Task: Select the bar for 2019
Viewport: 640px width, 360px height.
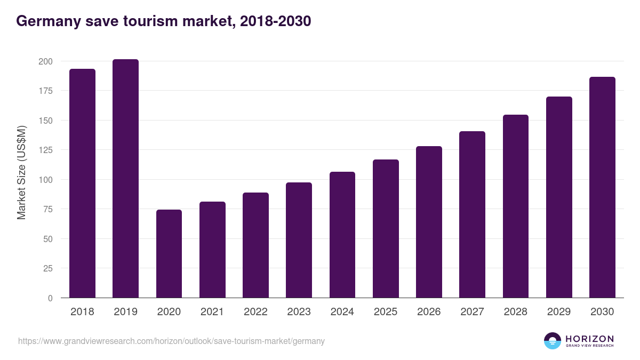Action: [125, 179]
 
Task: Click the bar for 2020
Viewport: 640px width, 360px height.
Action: [169, 254]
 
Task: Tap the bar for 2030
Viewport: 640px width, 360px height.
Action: [602, 188]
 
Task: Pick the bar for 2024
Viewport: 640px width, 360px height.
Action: [342, 235]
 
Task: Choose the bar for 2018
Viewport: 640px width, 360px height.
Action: [82, 183]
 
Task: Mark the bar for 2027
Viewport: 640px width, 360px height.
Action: [472, 214]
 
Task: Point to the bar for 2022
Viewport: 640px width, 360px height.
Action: [255, 245]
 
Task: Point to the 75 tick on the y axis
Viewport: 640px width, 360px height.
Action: [47, 210]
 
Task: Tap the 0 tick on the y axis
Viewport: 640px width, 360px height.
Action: [50, 298]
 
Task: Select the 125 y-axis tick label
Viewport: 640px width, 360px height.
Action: [45, 150]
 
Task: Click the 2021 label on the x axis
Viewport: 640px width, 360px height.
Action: [212, 312]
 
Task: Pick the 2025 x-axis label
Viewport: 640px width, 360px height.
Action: [386, 312]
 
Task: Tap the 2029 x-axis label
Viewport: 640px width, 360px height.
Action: [559, 312]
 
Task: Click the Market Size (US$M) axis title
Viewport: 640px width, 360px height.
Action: [21, 172]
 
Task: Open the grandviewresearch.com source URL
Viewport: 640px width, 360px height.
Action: [171, 341]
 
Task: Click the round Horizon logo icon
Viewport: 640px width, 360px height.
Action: [553, 341]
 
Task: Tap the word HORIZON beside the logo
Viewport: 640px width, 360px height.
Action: [589, 338]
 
